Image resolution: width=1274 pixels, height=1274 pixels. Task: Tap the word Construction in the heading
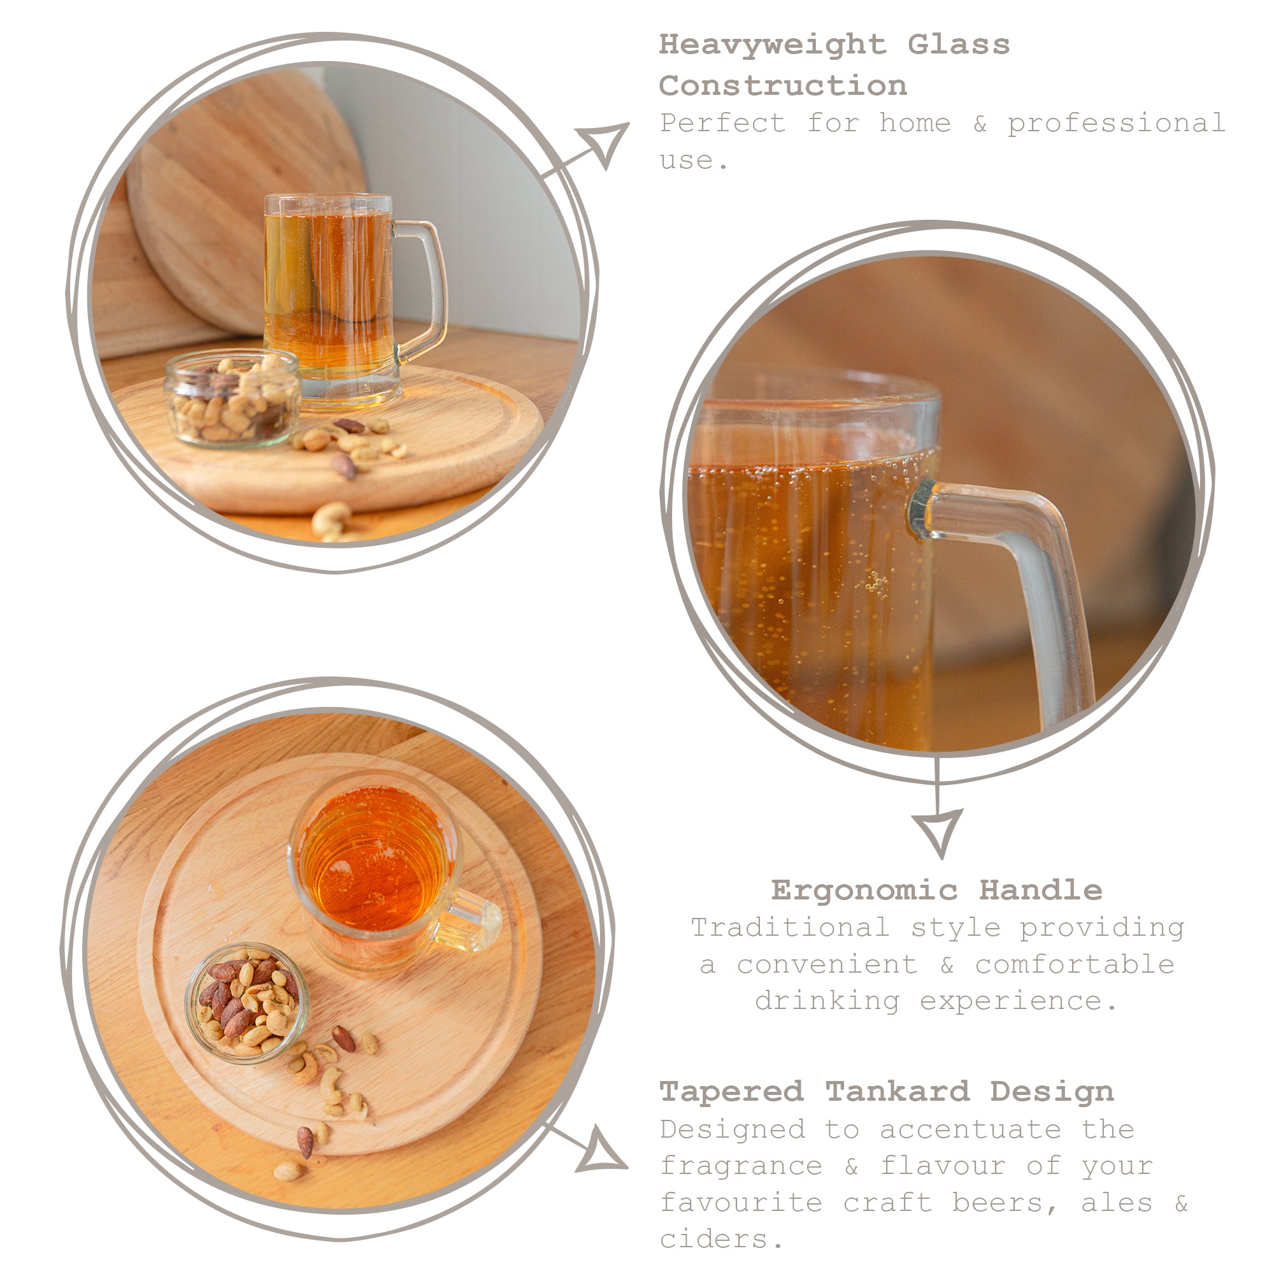783,87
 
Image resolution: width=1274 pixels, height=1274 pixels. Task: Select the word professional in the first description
1116,124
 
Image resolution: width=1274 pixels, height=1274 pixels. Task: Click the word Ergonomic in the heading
864,891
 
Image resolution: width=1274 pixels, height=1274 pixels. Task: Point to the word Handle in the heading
1040,891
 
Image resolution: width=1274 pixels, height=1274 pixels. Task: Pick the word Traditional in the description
790,928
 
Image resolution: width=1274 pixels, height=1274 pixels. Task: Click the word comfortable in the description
1074,964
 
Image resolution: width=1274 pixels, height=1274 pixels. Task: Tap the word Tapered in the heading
731,1091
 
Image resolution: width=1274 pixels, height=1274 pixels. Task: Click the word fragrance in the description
741,1166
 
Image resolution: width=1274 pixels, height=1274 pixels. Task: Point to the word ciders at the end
713,1239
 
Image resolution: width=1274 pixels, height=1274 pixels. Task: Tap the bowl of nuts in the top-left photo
232,399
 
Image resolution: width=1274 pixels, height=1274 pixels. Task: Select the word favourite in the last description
741,1203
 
